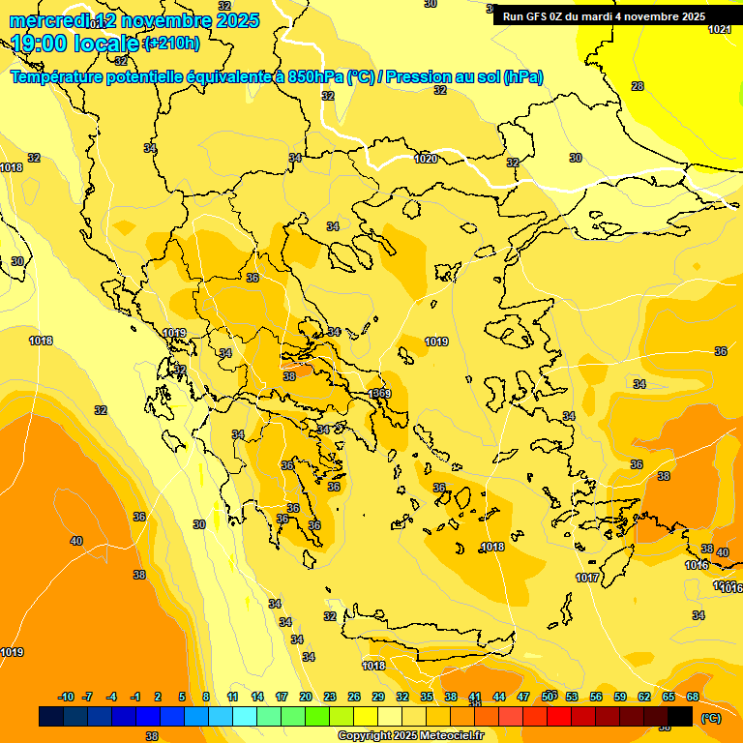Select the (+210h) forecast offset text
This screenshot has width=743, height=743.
(172, 43)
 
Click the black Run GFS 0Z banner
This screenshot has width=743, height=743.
(604, 15)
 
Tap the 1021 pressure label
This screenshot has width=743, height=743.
(719, 30)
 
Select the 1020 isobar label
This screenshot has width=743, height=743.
(426, 159)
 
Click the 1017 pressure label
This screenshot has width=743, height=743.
(587, 578)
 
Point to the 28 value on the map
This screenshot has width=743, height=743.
(638, 86)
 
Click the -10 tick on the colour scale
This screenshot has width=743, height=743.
(66, 697)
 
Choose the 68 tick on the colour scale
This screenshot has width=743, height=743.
(693, 697)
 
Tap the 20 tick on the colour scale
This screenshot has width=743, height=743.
(306, 697)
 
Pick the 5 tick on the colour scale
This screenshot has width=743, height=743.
(182, 697)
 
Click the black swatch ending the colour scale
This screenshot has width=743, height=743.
(680, 716)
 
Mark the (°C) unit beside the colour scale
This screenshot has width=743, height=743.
(710, 717)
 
